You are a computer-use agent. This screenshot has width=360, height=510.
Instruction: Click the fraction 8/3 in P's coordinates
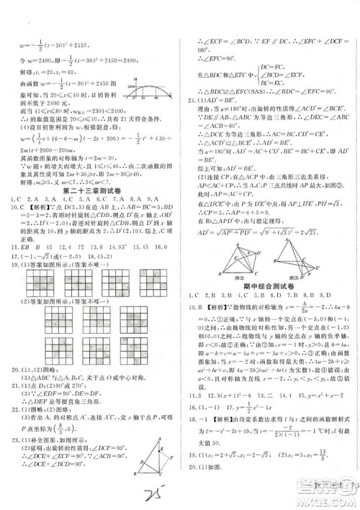pos(73,423)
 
